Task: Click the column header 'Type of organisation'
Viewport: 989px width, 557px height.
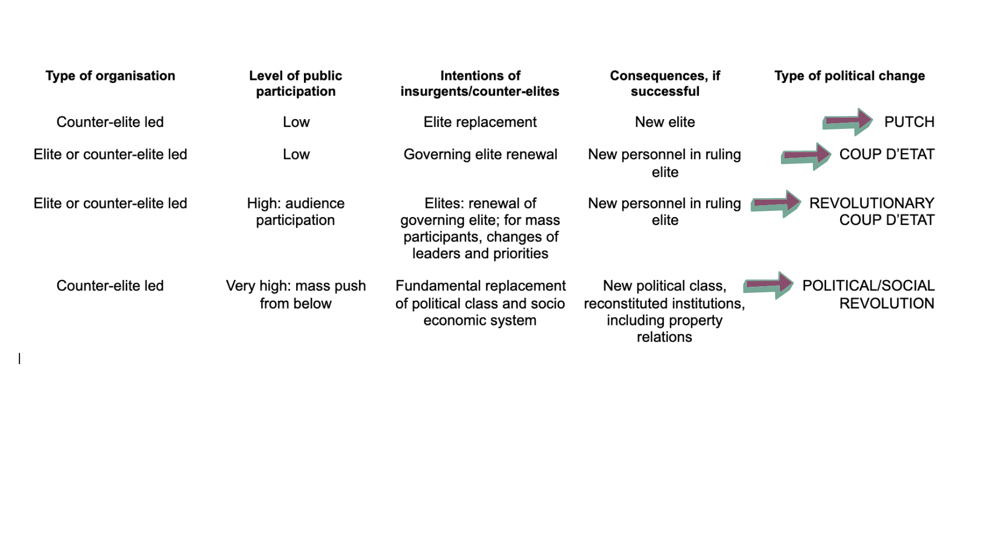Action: pyautogui.click(x=110, y=76)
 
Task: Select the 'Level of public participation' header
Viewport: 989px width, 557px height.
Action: pyautogui.click(x=296, y=84)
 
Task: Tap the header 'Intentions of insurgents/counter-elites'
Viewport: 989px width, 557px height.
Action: pyautogui.click(x=480, y=84)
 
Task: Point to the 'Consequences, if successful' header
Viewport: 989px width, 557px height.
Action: pyautogui.click(x=665, y=84)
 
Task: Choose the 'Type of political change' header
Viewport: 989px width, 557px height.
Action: pyautogui.click(x=850, y=76)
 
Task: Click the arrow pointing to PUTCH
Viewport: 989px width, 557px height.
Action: pyautogui.click(x=847, y=122)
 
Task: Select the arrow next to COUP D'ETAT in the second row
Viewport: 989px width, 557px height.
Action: pyautogui.click(x=806, y=156)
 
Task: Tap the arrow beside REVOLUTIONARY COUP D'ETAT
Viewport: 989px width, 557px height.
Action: pyautogui.click(x=776, y=204)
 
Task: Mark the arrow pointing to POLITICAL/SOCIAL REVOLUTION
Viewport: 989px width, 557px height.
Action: pyautogui.click(x=769, y=285)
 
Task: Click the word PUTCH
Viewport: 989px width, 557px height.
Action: pyautogui.click(x=909, y=122)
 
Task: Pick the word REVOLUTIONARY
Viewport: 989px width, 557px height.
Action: pyautogui.click(x=872, y=203)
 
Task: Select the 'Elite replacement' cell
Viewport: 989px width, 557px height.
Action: pyautogui.click(x=480, y=122)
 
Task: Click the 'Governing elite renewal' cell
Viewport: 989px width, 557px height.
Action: pyautogui.click(x=481, y=155)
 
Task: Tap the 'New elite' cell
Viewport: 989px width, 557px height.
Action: pyautogui.click(x=665, y=122)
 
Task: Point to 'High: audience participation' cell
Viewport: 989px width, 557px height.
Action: pyautogui.click(x=296, y=211)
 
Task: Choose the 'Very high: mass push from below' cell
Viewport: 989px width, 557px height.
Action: pyautogui.click(x=296, y=294)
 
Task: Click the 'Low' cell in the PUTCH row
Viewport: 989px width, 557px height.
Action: pyautogui.click(x=296, y=122)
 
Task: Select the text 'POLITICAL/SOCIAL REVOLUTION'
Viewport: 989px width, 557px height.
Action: pyautogui.click(x=868, y=294)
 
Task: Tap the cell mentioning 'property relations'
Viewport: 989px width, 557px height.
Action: pyautogui.click(x=664, y=311)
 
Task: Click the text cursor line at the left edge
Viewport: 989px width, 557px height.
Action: pyautogui.click(x=20, y=358)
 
